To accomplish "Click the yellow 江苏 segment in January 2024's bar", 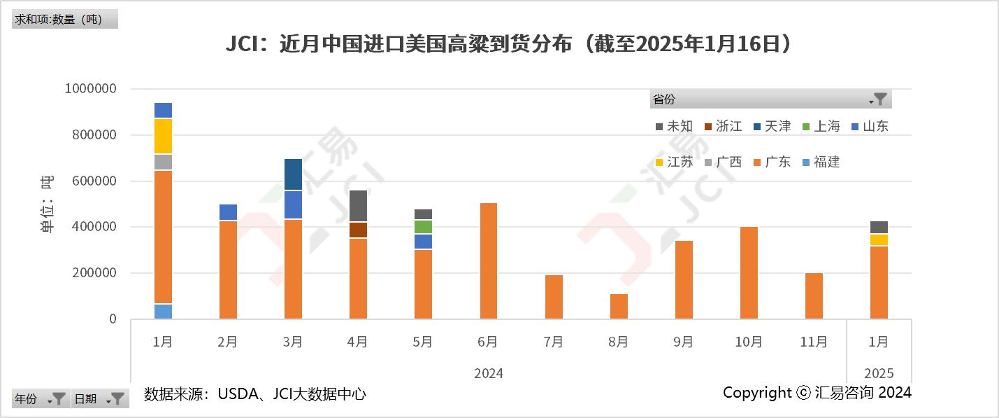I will click(163, 136).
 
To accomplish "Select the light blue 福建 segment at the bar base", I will click(163, 312).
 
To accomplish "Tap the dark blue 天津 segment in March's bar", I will click(293, 174).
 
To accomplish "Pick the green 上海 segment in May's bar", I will click(423, 227).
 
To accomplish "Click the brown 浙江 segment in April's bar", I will click(358, 230).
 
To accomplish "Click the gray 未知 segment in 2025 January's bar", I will click(879, 227).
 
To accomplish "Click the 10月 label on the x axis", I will click(748, 342).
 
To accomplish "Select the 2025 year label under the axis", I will click(879, 373).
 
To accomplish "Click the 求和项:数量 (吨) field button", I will click(64, 19).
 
